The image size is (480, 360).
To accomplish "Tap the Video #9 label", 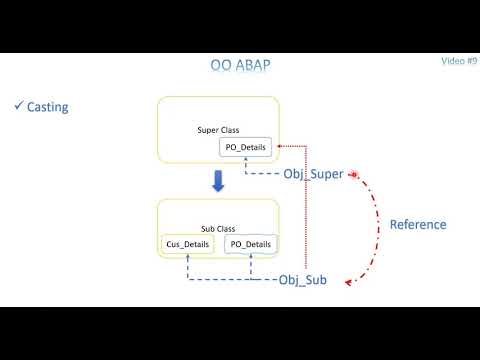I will [x=459, y=61].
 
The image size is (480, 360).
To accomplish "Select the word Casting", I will [x=48, y=107].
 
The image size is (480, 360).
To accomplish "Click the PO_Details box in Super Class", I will [x=246, y=148].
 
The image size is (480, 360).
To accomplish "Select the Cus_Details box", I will [x=187, y=245].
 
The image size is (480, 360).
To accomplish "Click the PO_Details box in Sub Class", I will [x=249, y=245].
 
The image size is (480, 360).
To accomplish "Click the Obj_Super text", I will [x=313, y=174].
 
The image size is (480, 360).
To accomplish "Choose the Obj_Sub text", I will [x=303, y=278].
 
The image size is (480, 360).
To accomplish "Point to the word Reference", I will [x=417, y=224].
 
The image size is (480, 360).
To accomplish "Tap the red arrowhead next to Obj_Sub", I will [x=348, y=283].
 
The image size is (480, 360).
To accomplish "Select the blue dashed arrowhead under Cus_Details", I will [x=187, y=259].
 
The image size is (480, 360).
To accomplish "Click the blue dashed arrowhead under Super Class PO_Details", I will [x=246, y=162].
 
